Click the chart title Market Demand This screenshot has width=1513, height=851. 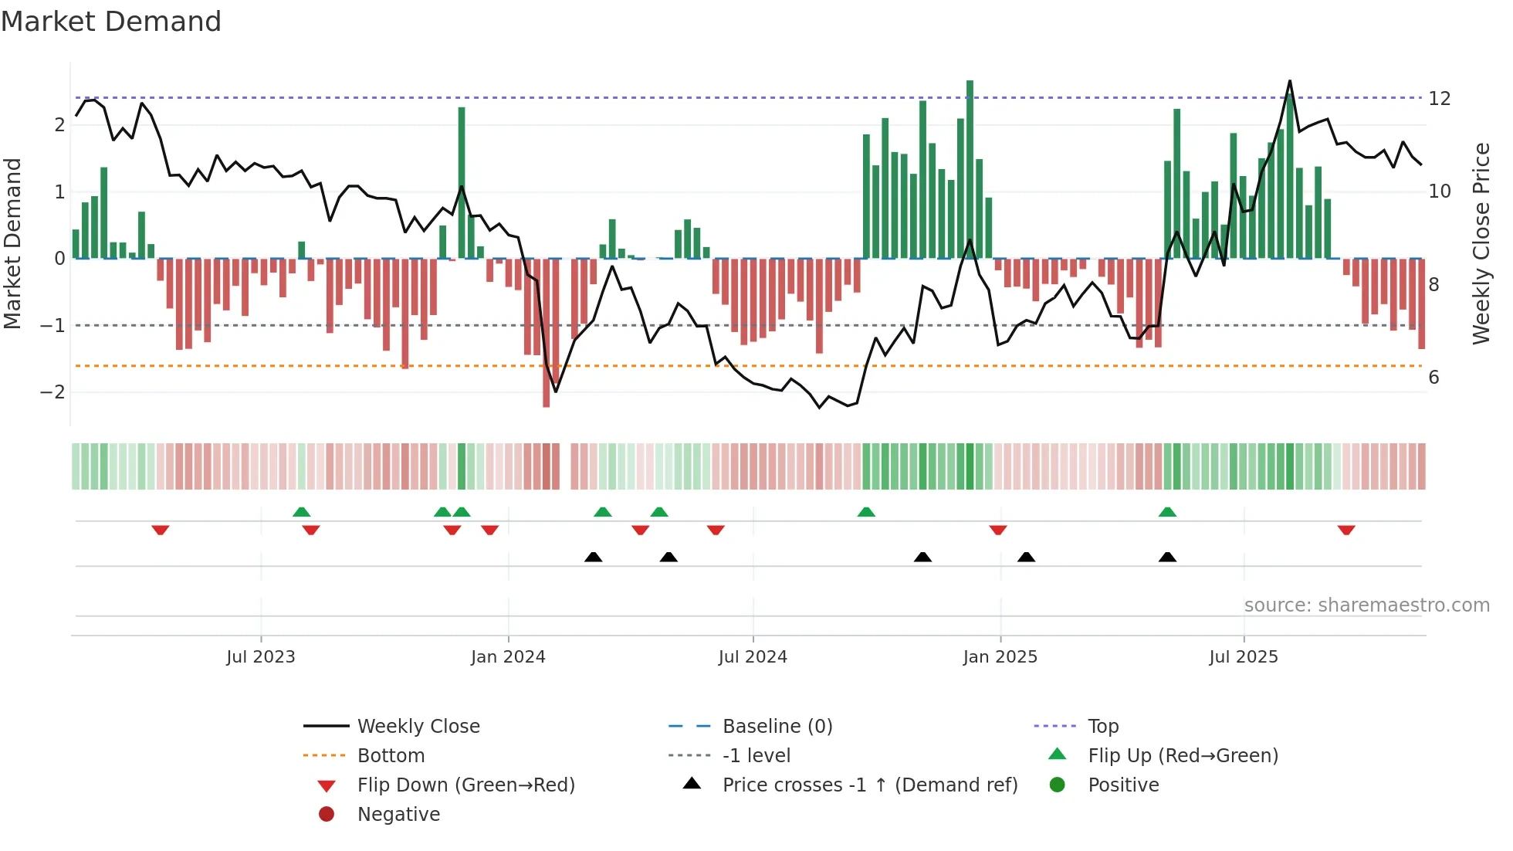(x=111, y=22)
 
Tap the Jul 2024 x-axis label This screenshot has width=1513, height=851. (x=753, y=657)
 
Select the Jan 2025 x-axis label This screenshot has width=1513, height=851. (x=1000, y=657)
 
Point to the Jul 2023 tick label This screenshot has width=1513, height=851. (x=261, y=657)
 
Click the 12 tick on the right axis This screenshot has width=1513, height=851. (x=1439, y=99)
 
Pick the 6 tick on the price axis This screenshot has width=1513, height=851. (x=1433, y=378)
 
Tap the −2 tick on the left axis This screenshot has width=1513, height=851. (x=52, y=392)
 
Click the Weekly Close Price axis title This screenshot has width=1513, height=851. (x=1481, y=243)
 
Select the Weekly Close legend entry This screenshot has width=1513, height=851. (x=418, y=727)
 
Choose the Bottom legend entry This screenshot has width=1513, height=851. (x=391, y=756)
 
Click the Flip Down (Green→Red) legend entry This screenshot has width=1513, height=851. (x=465, y=785)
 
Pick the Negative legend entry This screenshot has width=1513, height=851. (x=398, y=815)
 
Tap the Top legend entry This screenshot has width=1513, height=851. (x=1102, y=727)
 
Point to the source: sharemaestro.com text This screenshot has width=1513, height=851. (x=1366, y=605)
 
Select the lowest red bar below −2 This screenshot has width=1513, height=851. (x=547, y=332)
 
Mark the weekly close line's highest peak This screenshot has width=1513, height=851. (x=1289, y=81)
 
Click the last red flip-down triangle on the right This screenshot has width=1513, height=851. (x=1346, y=531)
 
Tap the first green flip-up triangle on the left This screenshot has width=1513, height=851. (x=302, y=512)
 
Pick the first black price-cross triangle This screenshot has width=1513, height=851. (x=593, y=557)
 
